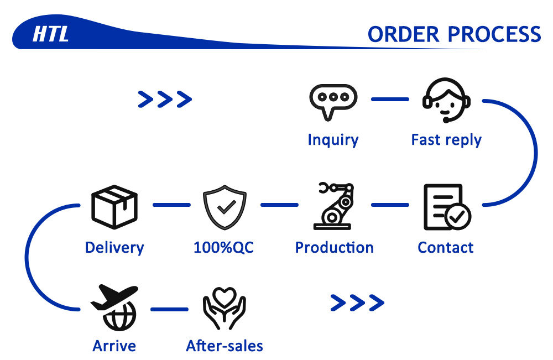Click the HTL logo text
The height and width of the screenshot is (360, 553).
pyautogui.click(x=50, y=34)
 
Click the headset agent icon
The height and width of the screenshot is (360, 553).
pyautogui.click(x=446, y=100)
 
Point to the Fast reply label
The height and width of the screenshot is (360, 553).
pyautogui.click(x=446, y=139)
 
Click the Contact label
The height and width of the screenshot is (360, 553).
pyautogui.click(x=446, y=247)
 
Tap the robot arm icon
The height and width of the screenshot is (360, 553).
pyautogui.click(x=333, y=206)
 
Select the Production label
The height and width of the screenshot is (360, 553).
pyautogui.click(x=335, y=247)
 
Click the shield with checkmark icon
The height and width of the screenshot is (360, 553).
pyautogui.click(x=224, y=206)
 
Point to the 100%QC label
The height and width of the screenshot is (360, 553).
pyautogui.click(x=223, y=247)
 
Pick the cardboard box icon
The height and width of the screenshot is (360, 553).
pyautogui.click(x=114, y=206)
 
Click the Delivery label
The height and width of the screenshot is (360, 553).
pyautogui.click(x=114, y=247)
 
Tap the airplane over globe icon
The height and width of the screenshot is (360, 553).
pyautogui.click(x=114, y=307)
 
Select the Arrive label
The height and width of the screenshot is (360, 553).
pyautogui.click(x=114, y=346)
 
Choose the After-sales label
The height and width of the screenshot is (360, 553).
pyautogui.click(x=225, y=346)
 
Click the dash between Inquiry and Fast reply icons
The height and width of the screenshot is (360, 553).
pyautogui.click(x=390, y=100)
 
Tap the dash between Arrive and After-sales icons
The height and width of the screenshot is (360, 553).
pyautogui.click(x=169, y=309)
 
